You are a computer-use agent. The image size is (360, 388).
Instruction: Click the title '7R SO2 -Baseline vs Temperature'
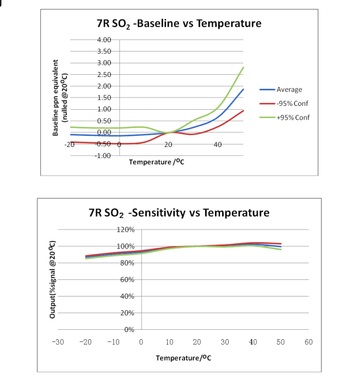click(178, 23)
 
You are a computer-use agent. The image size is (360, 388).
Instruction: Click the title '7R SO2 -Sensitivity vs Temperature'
click(179, 213)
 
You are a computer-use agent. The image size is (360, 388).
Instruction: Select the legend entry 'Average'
click(289, 89)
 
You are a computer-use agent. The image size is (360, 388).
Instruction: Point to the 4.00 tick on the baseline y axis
click(104, 40)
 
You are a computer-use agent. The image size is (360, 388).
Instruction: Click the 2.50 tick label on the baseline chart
click(104, 74)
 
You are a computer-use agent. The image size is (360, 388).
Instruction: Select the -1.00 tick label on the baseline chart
click(104, 155)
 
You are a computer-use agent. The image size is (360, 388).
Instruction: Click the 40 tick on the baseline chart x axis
click(217, 144)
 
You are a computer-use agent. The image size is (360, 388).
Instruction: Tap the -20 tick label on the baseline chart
click(69, 144)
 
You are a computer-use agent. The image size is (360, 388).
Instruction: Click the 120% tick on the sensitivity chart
click(125, 229)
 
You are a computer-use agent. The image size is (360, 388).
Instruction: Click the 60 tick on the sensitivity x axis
click(308, 341)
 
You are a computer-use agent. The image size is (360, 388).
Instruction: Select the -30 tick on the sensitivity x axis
click(58, 341)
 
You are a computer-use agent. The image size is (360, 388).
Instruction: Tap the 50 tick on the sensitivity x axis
click(281, 341)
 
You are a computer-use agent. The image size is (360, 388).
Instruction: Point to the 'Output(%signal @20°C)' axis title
click(53, 279)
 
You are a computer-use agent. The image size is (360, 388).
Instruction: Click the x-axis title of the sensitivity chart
click(183, 358)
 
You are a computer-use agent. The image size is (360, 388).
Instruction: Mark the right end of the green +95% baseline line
click(244, 67)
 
